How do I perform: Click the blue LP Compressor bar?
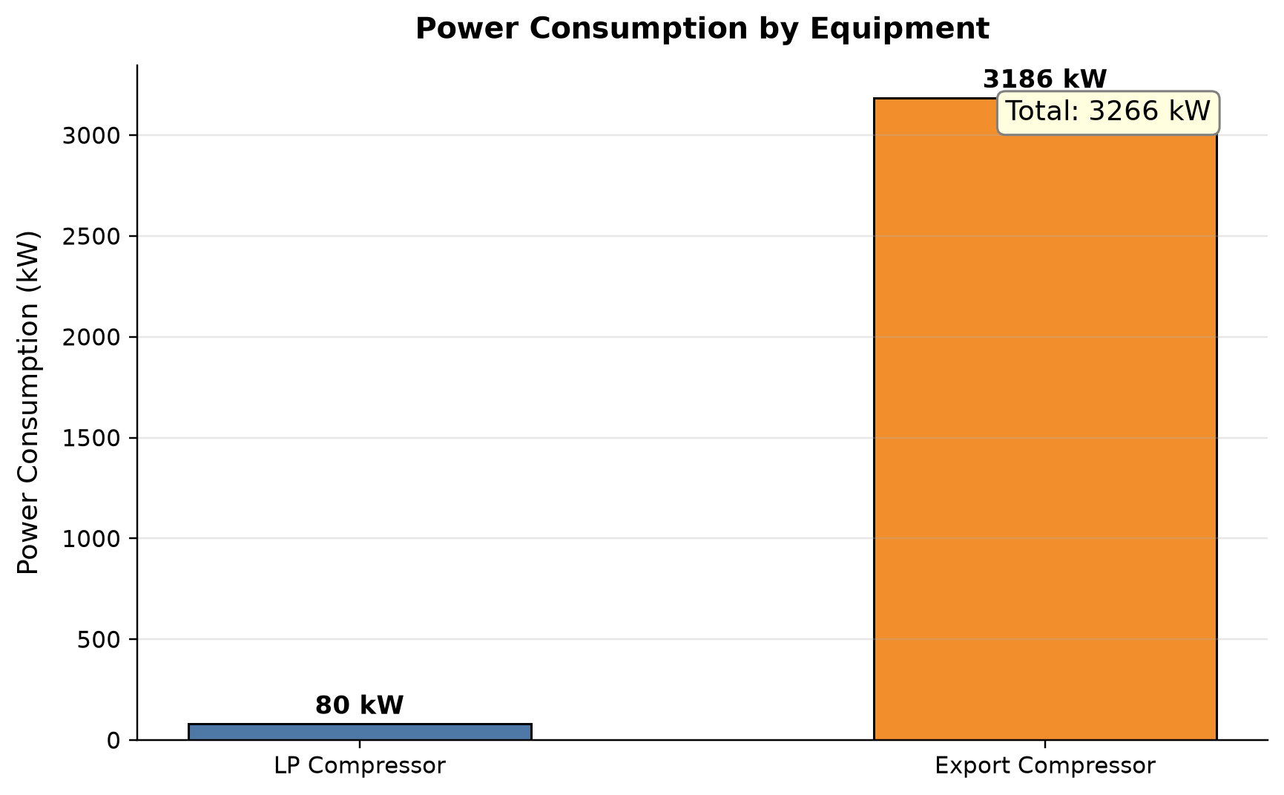(x=360, y=732)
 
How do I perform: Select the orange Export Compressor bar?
(x=1045, y=419)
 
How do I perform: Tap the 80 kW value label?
(x=360, y=705)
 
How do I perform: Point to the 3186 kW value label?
(x=1044, y=79)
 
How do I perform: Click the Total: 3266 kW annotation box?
(x=1108, y=112)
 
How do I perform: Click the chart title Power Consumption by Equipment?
(x=702, y=29)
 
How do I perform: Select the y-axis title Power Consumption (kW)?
(x=27, y=402)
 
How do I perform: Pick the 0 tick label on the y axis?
(x=113, y=741)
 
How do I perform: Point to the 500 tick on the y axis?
(x=99, y=640)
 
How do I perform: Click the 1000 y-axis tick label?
(x=91, y=539)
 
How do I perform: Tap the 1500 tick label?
(x=91, y=438)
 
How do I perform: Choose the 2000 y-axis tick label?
(x=91, y=337)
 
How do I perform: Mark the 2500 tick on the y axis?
(x=91, y=236)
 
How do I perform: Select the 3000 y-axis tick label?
(x=91, y=136)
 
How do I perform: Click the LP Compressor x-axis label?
(x=360, y=766)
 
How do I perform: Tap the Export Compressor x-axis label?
(x=1045, y=766)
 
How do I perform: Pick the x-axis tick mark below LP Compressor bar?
(x=360, y=744)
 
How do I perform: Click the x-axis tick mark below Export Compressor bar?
(x=1045, y=744)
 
